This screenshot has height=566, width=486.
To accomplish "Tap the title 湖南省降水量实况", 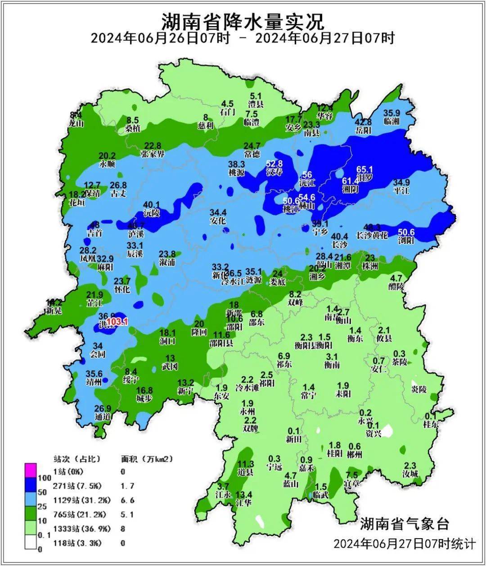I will pos(243,20).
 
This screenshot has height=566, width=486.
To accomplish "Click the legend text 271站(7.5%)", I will pos(77,486).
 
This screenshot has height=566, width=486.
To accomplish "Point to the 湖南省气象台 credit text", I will pos(404,523).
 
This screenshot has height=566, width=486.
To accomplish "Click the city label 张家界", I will pos(153,154).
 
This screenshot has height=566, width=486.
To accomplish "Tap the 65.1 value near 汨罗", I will pos(365,169).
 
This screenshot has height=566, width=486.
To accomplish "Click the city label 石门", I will pos(227,112).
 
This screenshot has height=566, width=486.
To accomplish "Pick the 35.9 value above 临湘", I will pos(391,113).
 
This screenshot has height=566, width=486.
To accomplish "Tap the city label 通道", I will pos(103,417).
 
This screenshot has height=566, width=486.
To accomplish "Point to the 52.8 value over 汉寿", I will pos(274,164).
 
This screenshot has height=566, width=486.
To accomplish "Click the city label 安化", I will pos(218,221).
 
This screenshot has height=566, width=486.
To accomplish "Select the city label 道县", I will pos(246,472).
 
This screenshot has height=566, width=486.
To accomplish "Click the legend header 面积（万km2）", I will pos(147,459).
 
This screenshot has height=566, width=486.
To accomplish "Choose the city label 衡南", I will pos(332,365).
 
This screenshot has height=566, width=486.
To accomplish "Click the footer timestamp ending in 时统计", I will pos(404,544).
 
